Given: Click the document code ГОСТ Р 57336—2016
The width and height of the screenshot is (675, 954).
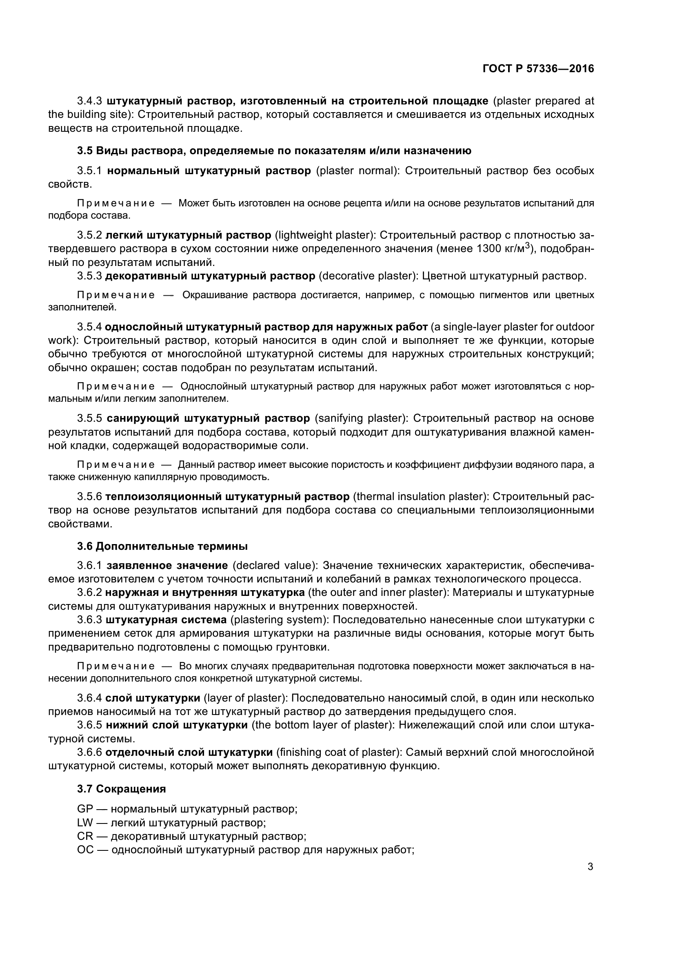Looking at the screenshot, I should point(538,69).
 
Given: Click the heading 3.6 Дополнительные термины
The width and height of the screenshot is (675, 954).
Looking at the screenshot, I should point(162,546).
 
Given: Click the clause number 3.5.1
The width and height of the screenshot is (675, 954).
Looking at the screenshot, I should point(89,171).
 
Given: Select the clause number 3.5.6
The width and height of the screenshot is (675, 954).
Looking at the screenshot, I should point(89,496).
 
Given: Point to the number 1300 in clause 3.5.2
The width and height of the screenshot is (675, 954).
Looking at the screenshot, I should point(491,249).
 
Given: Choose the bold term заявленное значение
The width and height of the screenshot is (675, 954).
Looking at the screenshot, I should point(167,565).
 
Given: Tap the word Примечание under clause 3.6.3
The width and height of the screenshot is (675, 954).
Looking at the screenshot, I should point(116,666).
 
